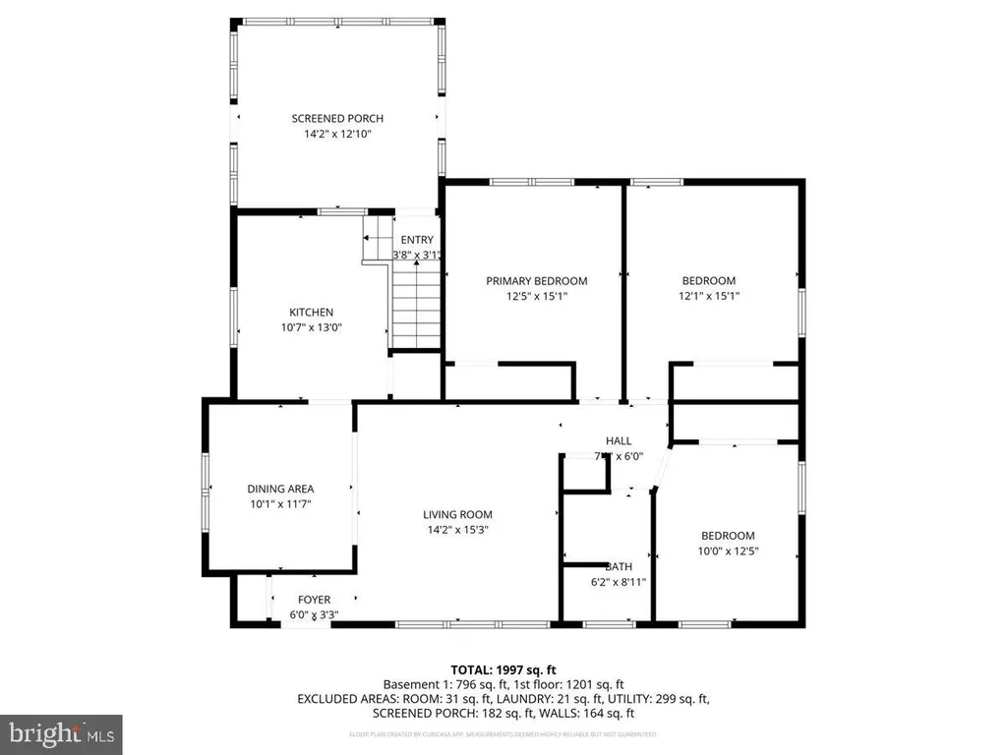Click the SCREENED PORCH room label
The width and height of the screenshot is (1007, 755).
337,119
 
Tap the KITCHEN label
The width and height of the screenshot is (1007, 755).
311,313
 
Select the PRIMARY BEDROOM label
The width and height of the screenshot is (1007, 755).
537,280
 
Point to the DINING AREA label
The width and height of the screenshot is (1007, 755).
280,489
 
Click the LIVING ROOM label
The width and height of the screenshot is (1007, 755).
457,514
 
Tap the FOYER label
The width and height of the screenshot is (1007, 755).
315,600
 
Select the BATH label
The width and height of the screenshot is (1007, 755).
619,567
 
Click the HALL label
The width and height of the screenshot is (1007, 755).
619,440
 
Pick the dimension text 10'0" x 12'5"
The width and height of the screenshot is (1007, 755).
728,552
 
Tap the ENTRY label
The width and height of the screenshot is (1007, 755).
416,240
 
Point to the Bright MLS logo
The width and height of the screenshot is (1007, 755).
61,732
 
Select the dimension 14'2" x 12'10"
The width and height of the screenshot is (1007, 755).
337,134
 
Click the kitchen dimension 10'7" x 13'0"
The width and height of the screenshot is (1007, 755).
311,328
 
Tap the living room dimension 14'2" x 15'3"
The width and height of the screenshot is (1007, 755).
457,530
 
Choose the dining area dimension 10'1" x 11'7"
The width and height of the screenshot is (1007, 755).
280,504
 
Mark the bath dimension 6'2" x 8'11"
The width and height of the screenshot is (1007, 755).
619,583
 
